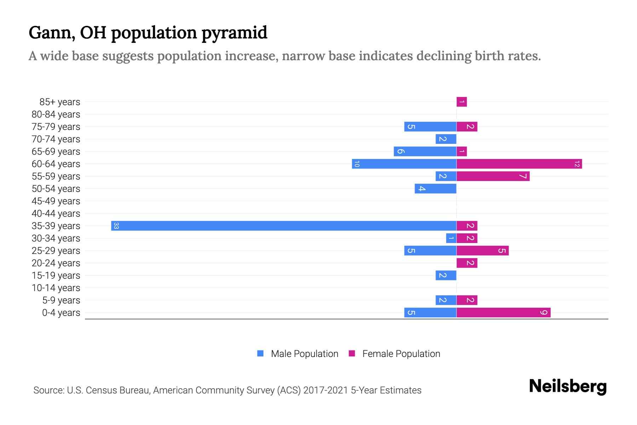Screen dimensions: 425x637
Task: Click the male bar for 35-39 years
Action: pos(283,226)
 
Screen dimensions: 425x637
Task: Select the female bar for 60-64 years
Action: pos(519,164)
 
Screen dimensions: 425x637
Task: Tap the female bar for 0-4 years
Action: pos(503,313)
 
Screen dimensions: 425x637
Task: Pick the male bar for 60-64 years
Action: pos(404,164)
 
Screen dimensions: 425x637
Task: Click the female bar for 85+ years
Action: pos(461,102)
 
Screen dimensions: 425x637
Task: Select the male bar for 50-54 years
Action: pos(435,189)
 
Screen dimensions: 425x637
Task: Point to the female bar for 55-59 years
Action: pos(493,176)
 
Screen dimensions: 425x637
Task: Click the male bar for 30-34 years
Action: pos(451,238)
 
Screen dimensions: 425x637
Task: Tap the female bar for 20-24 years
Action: pos(467,263)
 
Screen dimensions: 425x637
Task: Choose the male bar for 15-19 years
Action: pos(446,276)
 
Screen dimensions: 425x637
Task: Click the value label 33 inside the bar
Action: pos(116,226)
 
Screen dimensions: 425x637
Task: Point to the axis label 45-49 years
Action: pos(56,201)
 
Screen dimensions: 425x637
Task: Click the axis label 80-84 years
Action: pos(56,114)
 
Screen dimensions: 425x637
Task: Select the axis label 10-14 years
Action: pos(56,288)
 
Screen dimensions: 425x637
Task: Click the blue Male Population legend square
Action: pos(260,353)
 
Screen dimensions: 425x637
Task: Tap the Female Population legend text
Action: pos(401,354)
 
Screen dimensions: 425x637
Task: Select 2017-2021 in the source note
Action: pos(326,390)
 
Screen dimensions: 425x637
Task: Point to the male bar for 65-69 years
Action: pos(425,152)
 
